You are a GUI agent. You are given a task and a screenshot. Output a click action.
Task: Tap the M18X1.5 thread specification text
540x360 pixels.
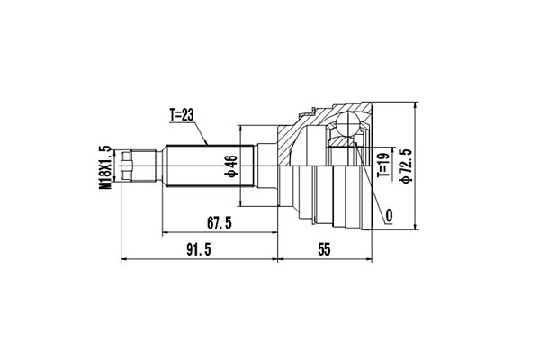(105, 166)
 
